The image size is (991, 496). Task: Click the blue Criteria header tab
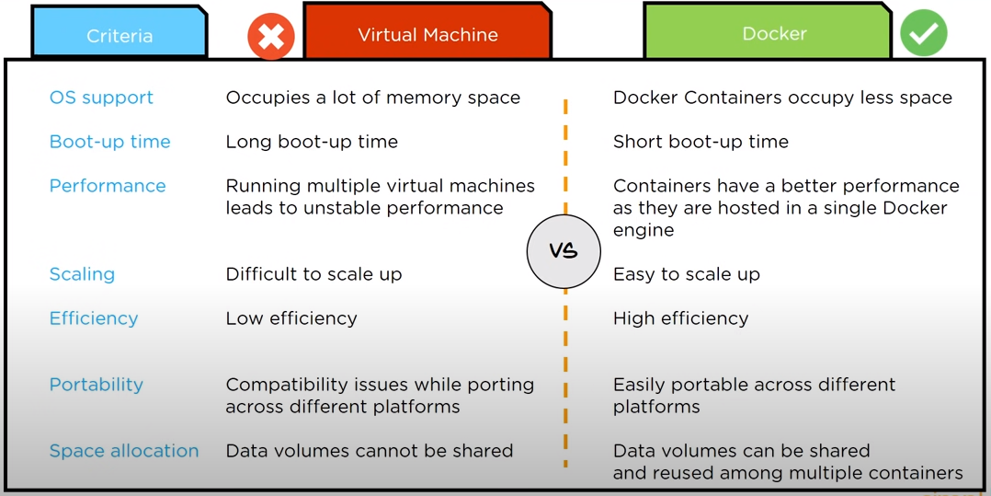119,35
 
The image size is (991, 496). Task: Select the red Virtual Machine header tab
427,34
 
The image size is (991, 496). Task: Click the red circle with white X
270,37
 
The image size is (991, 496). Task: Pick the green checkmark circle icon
923,33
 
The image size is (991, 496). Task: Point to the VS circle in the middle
563,251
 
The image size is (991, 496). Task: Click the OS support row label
101,98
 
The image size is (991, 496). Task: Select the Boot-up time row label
109,142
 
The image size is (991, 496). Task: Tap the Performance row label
108,186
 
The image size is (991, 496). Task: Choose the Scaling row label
82,274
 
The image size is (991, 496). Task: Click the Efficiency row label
94,318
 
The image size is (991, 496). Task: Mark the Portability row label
97,385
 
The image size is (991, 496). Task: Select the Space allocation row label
124,451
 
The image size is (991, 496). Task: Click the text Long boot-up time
312,142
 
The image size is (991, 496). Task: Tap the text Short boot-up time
701,142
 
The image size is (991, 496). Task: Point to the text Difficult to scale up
313,274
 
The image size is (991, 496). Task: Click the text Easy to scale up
686,274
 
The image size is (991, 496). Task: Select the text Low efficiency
291,318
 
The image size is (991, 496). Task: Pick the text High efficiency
680,318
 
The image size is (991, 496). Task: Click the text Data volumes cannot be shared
369,451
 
